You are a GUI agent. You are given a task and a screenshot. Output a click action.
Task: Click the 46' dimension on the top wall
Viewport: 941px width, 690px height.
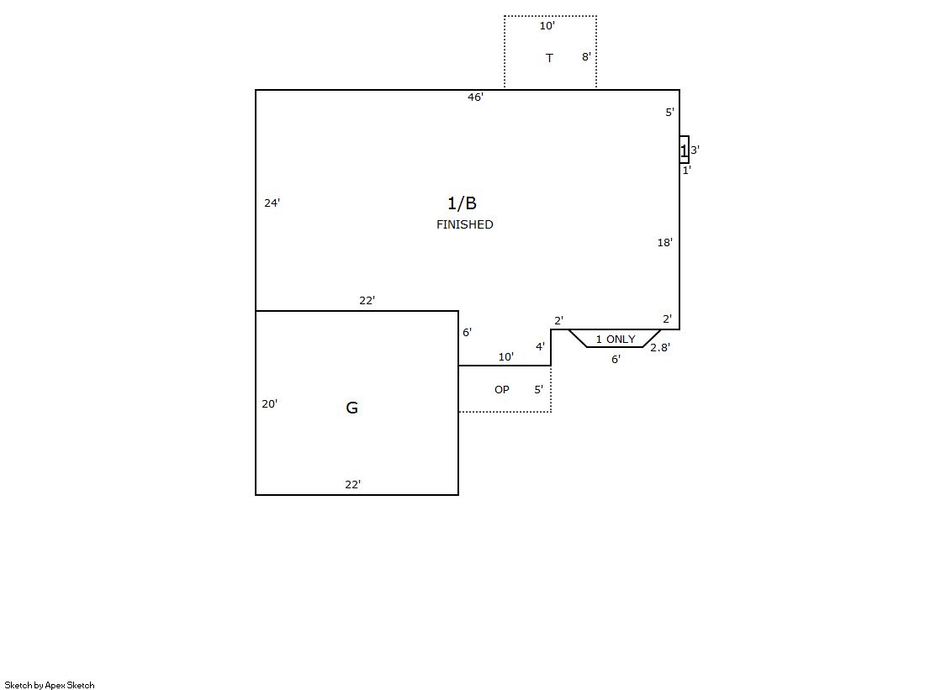(x=475, y=97)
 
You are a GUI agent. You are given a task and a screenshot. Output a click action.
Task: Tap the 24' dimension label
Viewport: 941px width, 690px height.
(x=272, y=203)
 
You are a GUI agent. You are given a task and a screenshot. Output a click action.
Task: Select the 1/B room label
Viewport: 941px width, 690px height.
(x=463, y=203)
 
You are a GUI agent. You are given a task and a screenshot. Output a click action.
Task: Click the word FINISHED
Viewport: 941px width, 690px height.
(x=464, y=224)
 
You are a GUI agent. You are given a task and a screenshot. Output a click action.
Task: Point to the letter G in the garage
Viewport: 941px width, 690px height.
(x=352, y=408)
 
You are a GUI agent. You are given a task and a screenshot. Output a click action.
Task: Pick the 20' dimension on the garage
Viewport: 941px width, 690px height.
(x=269, y=403)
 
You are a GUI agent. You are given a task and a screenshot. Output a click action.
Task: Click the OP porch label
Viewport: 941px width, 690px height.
(x=502, y=389)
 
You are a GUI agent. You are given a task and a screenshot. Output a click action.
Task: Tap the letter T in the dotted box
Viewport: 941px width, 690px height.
(x=549, y=58)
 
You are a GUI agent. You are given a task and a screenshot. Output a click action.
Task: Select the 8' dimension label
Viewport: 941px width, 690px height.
(x=586, y=56)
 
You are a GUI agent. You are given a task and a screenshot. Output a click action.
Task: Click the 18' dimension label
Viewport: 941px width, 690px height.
(x=665, y=242)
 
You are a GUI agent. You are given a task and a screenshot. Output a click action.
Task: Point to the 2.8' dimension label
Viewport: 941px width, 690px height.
(x=660, y=347)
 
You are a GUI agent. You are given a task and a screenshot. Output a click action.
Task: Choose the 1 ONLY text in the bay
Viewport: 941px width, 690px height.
(x=615, y=339)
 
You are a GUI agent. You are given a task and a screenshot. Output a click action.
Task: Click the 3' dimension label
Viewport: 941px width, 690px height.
(x=695, y=150)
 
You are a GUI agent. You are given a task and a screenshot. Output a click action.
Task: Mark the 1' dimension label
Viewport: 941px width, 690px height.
(x=686, y=170)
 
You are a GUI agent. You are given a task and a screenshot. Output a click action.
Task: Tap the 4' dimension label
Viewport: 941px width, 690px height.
(x=540, y=346)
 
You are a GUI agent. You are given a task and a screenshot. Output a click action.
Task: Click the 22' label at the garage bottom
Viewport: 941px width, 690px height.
(x=353, y=484)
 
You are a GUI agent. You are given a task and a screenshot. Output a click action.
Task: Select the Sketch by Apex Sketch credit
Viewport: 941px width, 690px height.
(x=50, y=685)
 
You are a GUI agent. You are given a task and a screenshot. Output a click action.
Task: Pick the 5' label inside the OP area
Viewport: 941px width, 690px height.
(x=539, y=389)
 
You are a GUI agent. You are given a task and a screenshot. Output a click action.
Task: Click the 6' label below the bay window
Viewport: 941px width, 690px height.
(x=616, y=359)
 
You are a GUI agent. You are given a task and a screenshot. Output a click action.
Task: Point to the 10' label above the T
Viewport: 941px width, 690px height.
(x=547, y=26)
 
